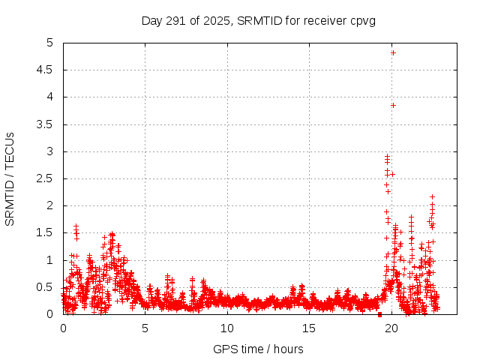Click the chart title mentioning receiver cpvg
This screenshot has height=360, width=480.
259,20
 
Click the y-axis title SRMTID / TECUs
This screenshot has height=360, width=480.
10,178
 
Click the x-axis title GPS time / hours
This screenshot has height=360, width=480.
259,349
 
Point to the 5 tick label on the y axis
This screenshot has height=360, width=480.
50,43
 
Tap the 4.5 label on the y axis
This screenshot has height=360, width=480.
46,70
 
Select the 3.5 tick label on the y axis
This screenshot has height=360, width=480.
46,124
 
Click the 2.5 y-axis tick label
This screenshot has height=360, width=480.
46,178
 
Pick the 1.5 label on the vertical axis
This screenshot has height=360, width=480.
46,233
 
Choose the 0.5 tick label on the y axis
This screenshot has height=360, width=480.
46,287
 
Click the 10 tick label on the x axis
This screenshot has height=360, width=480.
227,328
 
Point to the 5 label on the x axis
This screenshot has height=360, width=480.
145,328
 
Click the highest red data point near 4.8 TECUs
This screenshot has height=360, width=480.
393,52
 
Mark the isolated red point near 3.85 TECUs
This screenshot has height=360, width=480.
393,105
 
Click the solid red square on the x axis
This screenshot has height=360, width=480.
379,314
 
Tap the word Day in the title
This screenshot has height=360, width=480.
152,20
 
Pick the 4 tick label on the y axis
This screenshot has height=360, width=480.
50,97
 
